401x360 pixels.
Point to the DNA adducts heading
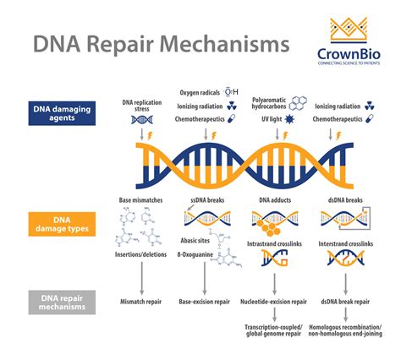(274, 200)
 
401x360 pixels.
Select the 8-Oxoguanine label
(196, 254)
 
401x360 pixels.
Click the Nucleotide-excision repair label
(274, 301)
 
